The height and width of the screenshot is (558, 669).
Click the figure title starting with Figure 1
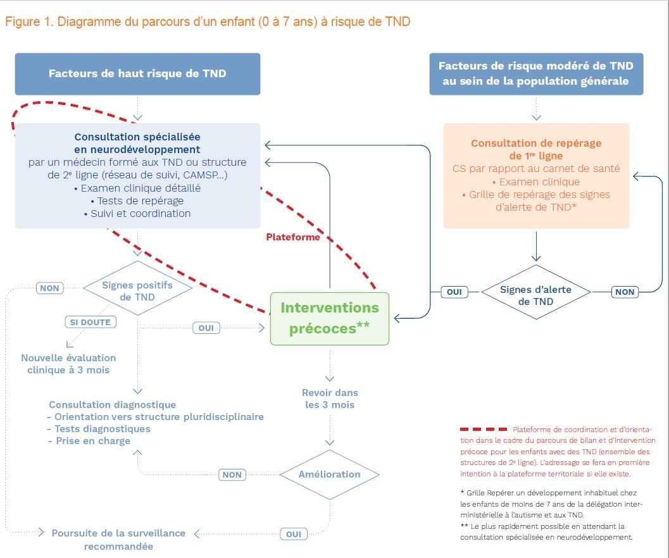coord(208,22)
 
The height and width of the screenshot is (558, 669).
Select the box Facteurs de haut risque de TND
coord(137,73)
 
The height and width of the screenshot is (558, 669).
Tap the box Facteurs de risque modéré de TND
coord(535,73)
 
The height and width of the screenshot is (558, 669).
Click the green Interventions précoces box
coord(329,318)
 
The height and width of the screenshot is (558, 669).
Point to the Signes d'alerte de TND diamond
coord(535,295)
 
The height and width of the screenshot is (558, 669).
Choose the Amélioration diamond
coord(329,474)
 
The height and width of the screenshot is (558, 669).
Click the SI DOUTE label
coord(91,322)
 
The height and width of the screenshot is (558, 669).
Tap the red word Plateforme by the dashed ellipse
coord(293,237)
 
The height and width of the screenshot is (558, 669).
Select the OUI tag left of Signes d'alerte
coord(454,292)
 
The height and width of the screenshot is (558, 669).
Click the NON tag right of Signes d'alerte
coord(625,292)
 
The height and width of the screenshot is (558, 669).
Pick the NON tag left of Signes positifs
coord(49,288)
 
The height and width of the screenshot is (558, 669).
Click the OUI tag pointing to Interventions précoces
coord(206,328)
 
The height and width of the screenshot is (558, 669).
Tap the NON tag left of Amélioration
coord(232,474)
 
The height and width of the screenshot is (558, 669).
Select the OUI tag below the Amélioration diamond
coord(294,534)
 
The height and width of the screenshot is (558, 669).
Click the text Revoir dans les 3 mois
coord(330,399)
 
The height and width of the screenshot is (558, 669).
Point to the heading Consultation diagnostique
coord(113,404)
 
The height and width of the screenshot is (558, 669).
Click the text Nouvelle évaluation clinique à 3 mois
coord(68,364)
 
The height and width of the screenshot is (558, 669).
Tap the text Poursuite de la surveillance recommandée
coord(118,539)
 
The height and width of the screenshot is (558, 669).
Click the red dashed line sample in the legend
coord(484,430)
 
